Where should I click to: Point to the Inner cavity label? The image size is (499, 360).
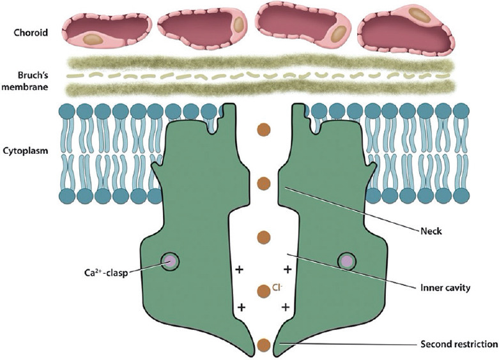[x=445, y=288]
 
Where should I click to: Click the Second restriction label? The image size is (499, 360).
[x=457, y=344]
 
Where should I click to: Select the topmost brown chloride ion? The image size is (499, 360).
[x=263, y=130]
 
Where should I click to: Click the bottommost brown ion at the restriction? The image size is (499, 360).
[x=263, y=346]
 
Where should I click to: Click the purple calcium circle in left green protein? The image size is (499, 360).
[x=170, y=260]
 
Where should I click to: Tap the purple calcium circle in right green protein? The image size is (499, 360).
[x=346, y=260]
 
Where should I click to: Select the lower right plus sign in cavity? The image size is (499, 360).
[x=285, y=307]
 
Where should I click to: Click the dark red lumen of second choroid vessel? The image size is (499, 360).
[x=192, y=26]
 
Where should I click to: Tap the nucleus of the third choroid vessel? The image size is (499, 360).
[x=338, y=32]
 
